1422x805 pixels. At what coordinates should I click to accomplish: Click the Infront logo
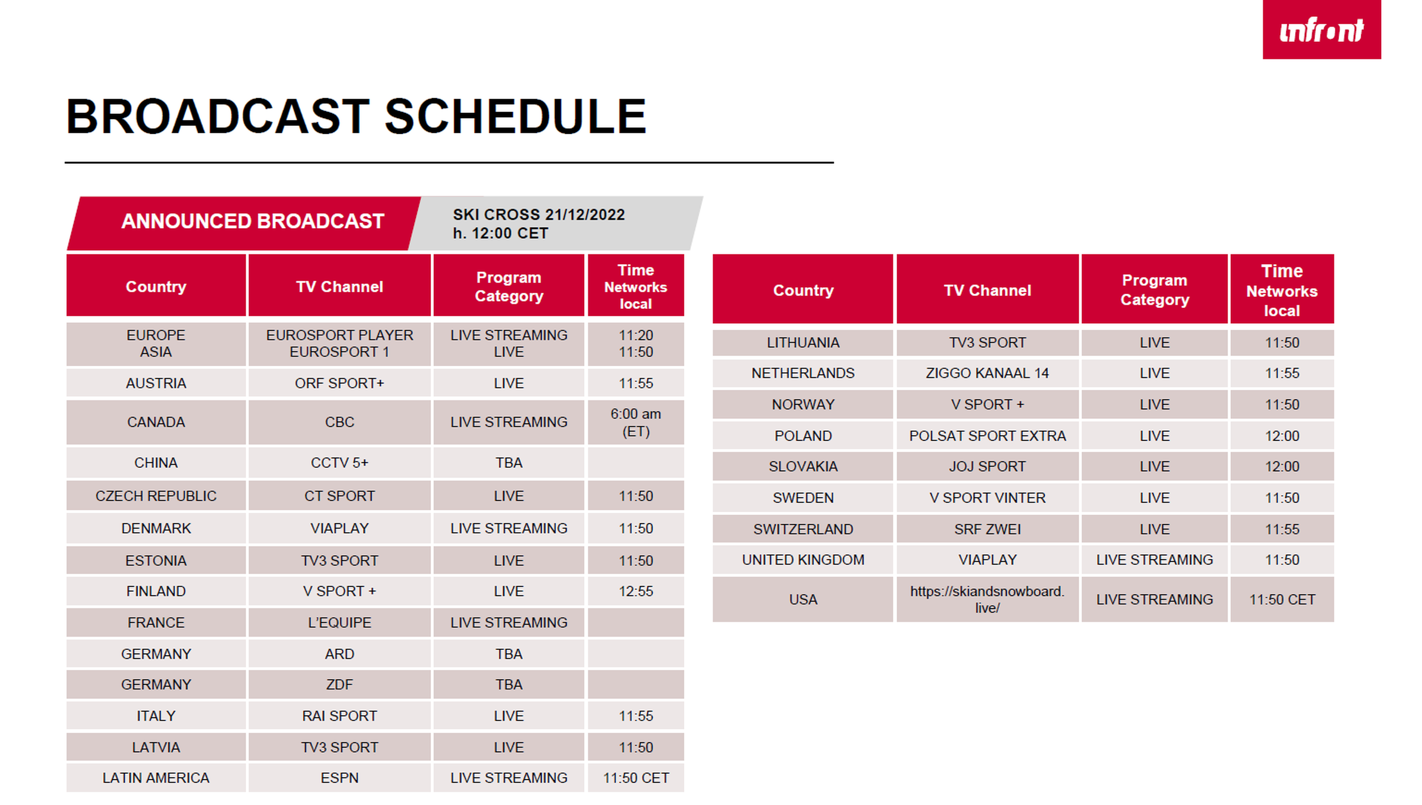click(1321, 29)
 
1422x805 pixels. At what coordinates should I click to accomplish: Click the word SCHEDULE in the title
click(515, 116)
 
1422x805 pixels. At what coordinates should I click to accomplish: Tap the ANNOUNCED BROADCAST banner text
click(253, 221)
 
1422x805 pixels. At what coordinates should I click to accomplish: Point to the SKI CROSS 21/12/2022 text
click(539, 215)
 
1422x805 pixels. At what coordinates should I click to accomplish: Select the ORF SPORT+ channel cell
click(340, 383)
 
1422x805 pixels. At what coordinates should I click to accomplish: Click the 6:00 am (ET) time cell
click(636, 422)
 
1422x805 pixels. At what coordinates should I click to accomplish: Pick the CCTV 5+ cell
click(340, 463)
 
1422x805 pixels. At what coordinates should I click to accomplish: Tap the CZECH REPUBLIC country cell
click(156, 496)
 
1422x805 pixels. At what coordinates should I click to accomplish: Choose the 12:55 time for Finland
click(636, 591)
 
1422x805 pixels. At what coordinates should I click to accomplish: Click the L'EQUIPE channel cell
click(340, 622)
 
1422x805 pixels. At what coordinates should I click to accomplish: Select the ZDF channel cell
click(340, 685)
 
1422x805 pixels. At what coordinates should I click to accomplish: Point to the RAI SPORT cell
click(340, 716)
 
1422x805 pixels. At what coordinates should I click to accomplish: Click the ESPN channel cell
click(340, 778)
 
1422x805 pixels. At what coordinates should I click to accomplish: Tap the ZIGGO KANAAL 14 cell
click(987, 373)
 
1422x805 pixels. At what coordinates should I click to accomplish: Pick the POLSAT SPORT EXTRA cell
click(987, 436)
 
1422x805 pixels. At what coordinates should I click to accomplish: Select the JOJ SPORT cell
click(987, 466)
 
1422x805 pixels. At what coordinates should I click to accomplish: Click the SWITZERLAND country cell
click(803, 529)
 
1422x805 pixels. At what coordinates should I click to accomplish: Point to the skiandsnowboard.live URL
click(987, 599)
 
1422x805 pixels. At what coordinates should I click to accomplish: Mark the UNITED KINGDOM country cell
click(803, 560)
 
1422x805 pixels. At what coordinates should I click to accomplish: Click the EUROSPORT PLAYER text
click(340, 335)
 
